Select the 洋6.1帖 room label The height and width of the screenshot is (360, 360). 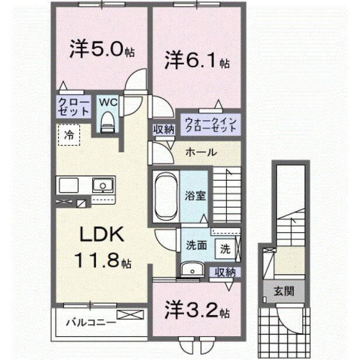coord(195,60)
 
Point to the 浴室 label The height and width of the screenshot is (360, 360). coord(194,195)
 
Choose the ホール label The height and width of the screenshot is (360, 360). coord(201,152)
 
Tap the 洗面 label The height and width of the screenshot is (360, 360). coord(196,245)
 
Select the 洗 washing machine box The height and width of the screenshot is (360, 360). coord(224,247)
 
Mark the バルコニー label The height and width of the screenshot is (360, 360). coord(86,320)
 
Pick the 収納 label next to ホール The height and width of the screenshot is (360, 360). coord(164,129)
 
